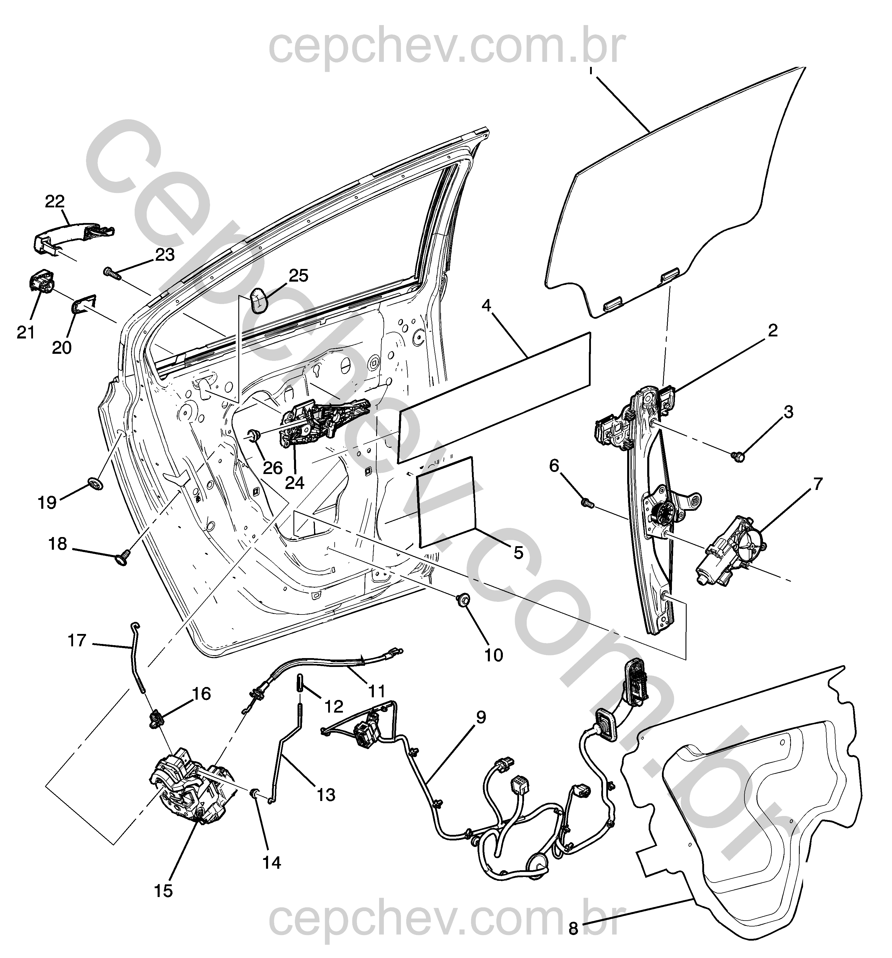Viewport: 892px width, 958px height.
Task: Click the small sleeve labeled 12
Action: pyautogui.click(x=300, y=683)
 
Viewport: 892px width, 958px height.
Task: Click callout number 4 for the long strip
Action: pyautogui.click(x=486, y=305)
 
